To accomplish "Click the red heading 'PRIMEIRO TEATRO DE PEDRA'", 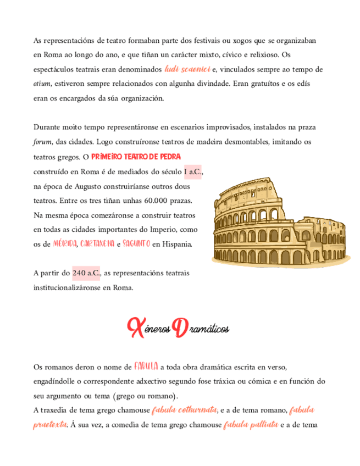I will pyautogui.click(x=136, y=157).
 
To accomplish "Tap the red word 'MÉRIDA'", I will pyautogui.click(x=65, y=243).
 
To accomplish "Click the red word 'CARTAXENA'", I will pyautogui.click(x=97, y=243).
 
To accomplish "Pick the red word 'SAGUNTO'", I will pyautogui.click(x=137, y=243).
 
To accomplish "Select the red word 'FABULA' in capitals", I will pyautogui.click(x=146, y=367).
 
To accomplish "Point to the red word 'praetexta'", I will pyautogui.click(x=51, y=424).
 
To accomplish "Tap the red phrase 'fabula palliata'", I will pyautogui.click(x=250, y=424).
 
